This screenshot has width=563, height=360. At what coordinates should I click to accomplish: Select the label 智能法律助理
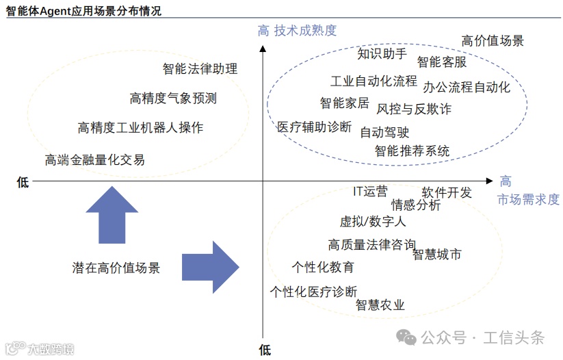tap(200, 68)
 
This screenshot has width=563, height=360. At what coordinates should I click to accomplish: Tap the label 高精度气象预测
tap(173, 99)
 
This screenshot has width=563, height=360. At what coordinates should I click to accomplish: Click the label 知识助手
tap(382, 53)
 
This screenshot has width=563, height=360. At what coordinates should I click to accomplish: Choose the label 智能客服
tap(442, 62)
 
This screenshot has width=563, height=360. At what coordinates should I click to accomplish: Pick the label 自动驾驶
tap(385, 133)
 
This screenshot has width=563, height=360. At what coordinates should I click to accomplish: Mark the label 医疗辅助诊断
tap(314, 127)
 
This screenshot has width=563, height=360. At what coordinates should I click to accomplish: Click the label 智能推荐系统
tap(412, 151)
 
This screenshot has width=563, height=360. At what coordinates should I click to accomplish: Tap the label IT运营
tap(370, 192)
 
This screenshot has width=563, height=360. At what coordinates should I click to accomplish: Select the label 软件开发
tap(447, 192)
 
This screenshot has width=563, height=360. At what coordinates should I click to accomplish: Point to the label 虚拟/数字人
tap(373, 222)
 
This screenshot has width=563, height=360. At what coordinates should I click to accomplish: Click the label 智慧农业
tap(380, 305)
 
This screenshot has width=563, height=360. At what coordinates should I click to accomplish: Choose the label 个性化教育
tap(323, 266)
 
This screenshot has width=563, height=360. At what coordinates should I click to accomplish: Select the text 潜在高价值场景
tap(116, 268)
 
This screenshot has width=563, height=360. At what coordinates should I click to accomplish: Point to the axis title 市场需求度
tap(528, 199)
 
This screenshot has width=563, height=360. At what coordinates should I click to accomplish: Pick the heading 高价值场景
tap(493, 40)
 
